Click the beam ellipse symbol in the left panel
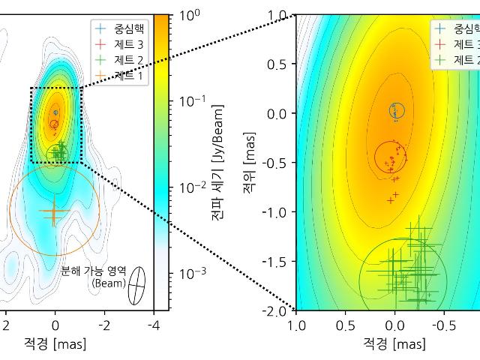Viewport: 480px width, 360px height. point(136,286)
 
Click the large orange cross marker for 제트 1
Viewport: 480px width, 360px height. point(53,212)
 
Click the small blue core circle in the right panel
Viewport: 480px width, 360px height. point(397,111)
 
